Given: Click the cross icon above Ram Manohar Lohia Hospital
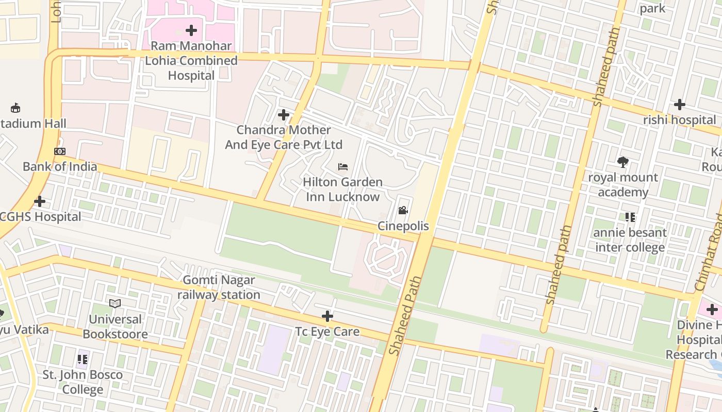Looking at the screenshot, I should (x=191, y=30).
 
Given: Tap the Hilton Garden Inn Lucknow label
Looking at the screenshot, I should (x=342, y=189).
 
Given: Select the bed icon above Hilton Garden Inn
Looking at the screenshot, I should (x=342, y=166).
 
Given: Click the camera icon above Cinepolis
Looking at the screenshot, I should (x=403, y=210).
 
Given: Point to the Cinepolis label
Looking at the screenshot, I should (x=403, y=226).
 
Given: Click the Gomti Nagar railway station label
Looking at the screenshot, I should (x=219, y=287).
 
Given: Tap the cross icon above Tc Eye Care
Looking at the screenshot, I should (x=327, y=316).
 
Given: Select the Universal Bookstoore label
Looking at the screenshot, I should (x=115, y=327).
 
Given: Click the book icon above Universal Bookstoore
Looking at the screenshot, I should (x=115, y=304).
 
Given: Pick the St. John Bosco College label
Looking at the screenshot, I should (x=83, y=382).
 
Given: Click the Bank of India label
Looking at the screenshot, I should (x=60, y=166).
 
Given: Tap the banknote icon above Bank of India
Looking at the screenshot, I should (x=60, y=151).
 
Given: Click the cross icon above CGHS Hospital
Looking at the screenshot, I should (x=40, y=201).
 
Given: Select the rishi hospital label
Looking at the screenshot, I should (x=679, y=120).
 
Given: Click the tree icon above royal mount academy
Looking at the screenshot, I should (x=623, y=162).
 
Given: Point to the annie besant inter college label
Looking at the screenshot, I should (x=630, y=240).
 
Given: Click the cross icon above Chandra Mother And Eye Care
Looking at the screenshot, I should (x=284, y=114).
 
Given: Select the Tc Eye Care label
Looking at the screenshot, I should (x=327, y=331).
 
